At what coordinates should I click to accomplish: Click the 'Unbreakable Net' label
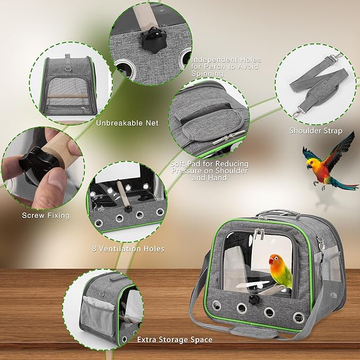127,123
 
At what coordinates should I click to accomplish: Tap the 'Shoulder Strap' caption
315,131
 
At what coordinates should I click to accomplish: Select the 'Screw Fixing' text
46,215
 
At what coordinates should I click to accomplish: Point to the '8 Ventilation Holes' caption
128,248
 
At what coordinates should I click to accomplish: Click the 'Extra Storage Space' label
174,339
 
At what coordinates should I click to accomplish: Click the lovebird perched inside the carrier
280,270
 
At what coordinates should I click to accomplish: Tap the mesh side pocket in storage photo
98,313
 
